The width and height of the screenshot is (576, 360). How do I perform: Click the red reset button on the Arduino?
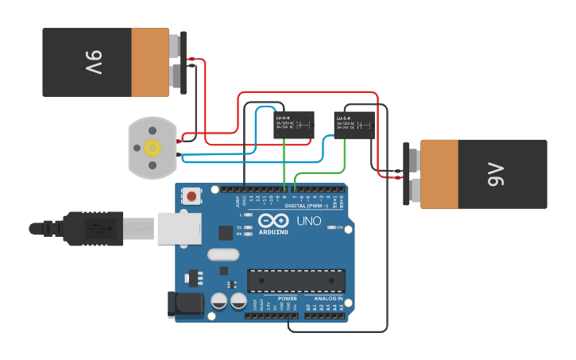coord(192,195)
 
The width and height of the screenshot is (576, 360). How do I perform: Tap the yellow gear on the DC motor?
coord(152,147)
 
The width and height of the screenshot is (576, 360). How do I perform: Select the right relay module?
coord(354,125)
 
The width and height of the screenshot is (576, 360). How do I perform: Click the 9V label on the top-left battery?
coord(91,63)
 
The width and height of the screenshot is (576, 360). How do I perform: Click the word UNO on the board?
coord(308,221)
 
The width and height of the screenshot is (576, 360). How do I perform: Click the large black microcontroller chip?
coord(296,281)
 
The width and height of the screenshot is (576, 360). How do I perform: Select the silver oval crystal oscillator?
coord(223,255)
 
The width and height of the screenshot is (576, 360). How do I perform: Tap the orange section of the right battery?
coord(439,175)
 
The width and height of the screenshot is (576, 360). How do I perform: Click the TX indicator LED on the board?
coord(249,227)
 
